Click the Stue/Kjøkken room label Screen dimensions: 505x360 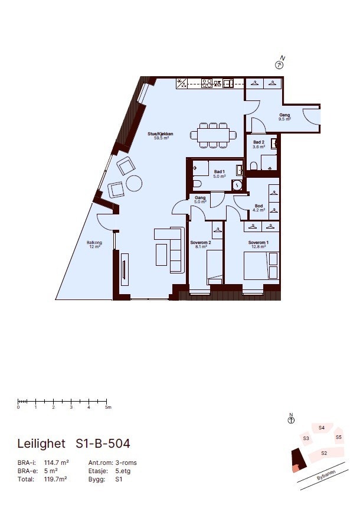[x=161, y=135]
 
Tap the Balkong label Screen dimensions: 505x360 [x=94, y=245]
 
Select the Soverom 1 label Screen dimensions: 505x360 [x=258, y=243]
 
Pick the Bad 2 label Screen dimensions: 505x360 [x=258, y=144]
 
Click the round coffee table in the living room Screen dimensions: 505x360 [x=134, y=184]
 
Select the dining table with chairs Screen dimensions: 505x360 [x=213, y=135]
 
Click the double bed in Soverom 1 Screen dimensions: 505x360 [x=261, y=265]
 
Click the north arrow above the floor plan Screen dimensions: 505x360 [x=280, y=64]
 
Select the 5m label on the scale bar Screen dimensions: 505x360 [x=108, y=408]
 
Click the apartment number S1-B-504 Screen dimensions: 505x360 [x=103, y=443]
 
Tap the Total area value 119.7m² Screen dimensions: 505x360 [x=57, y=480]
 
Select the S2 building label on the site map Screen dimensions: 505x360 [x=324, y=453]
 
